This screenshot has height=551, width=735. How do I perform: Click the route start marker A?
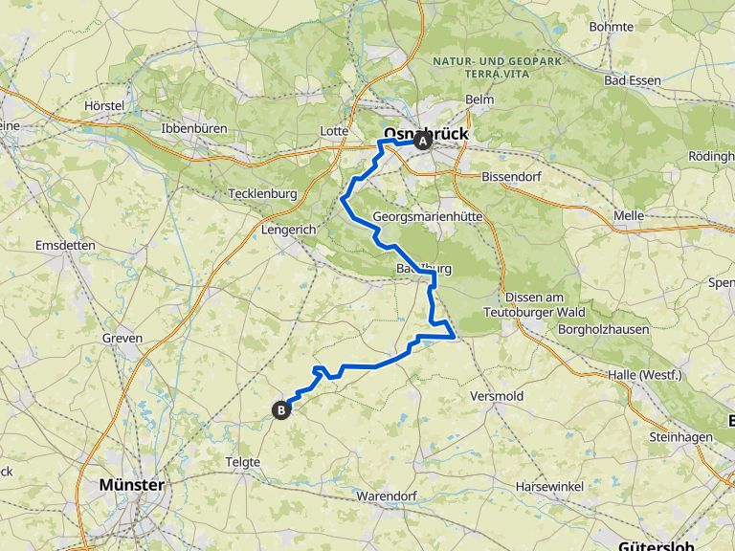click(422, 142)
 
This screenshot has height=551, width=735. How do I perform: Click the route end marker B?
click(281, 410)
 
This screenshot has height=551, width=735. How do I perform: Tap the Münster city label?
click(131, 485)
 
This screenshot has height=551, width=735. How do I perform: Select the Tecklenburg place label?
click(263, 193)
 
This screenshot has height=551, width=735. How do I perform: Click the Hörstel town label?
click(105, 104)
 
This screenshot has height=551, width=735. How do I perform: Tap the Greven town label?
click(122, 338)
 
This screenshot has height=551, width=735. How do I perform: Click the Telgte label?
click(243, 462)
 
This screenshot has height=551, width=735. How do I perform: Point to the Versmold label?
click(496, 396)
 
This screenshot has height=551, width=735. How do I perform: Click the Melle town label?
click(628, 216)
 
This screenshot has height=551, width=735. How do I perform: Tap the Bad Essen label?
click(633, 80)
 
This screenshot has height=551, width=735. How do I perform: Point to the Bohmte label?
click(612, 27)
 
